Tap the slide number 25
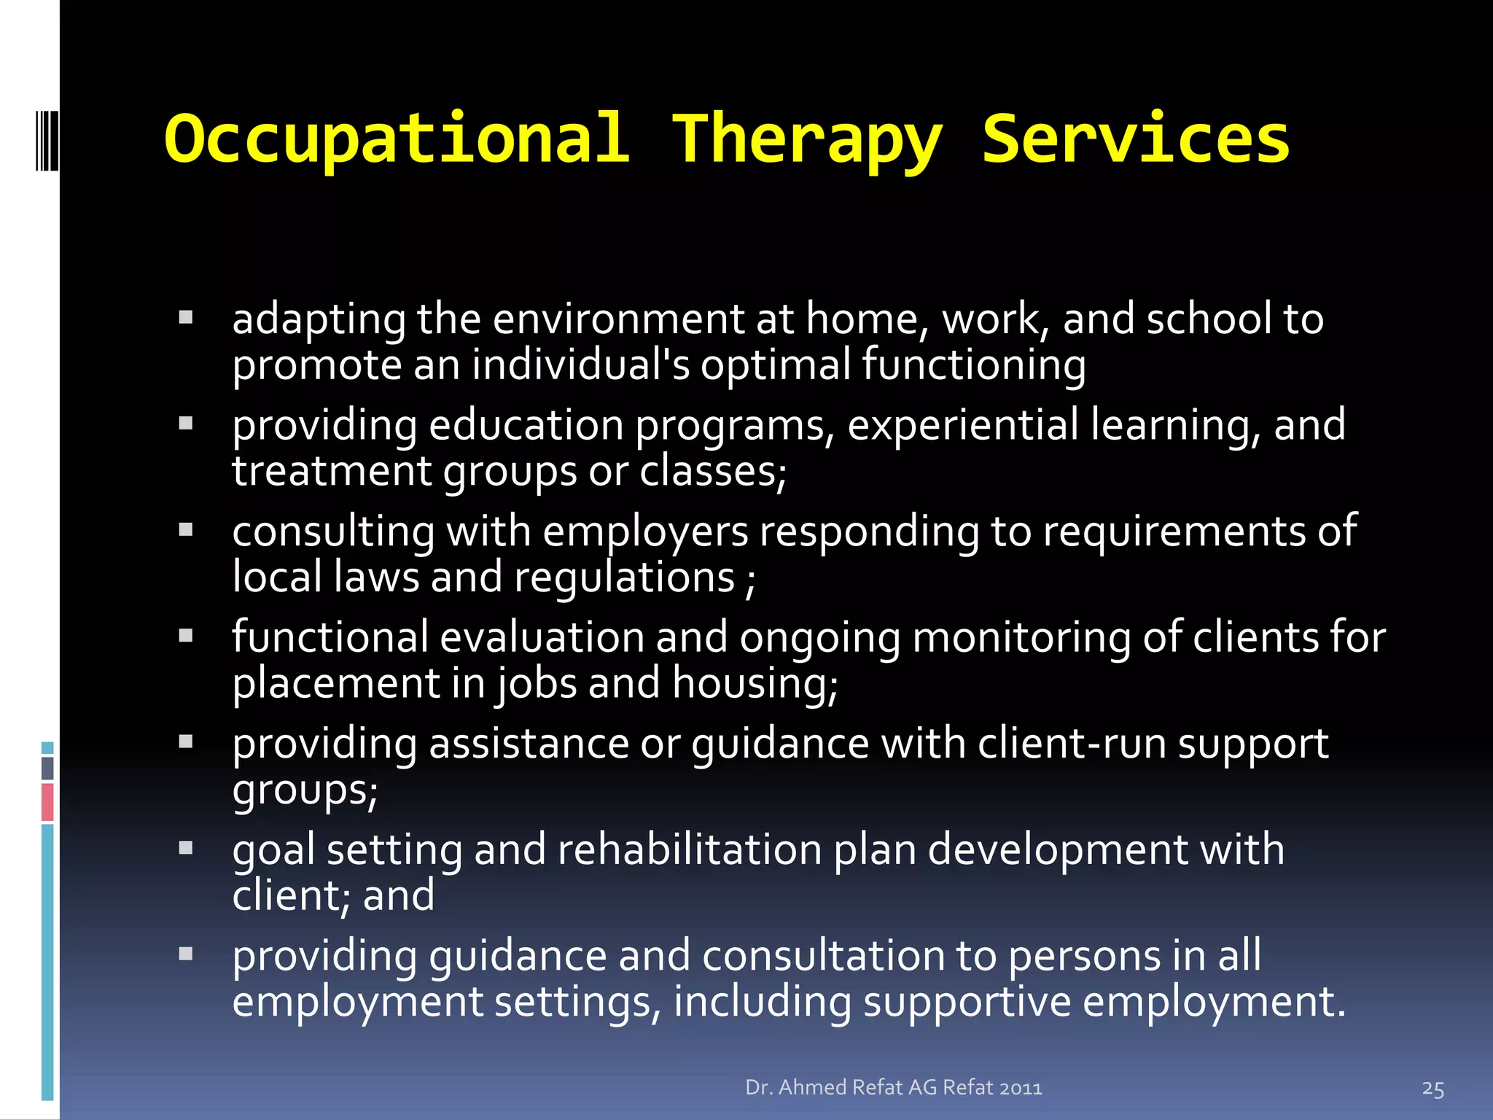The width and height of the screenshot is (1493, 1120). click(1432, 1089)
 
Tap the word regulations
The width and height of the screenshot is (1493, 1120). click(624, 577)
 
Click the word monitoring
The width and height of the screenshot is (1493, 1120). click(1021, 637)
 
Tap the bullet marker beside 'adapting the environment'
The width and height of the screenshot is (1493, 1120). click(186, 317)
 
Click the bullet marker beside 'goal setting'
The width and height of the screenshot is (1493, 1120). click(186, 847)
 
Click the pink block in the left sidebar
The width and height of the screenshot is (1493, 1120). click(47, 801)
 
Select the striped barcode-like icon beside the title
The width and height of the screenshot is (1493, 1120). click(46, 139)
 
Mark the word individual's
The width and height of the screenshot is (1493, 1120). click(580, 365)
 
